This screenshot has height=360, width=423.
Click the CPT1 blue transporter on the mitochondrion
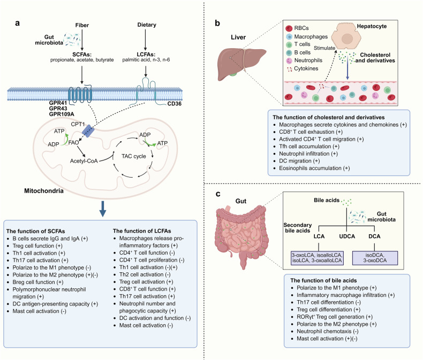point(89,131)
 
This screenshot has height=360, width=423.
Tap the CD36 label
point(174,104)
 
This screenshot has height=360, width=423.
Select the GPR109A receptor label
point(62,114)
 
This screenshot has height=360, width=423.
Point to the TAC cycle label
point(133,156)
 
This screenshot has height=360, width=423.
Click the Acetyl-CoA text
point(84,161)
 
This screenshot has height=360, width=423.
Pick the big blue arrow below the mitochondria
point(102,209)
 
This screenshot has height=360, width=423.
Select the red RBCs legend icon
point(289,28)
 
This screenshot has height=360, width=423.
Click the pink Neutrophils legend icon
point(289,60)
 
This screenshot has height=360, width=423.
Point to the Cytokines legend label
point(306,68)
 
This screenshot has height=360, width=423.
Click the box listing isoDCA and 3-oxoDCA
point(375,258)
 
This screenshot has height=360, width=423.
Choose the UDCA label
point(347,236)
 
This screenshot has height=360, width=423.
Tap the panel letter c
point(218,194)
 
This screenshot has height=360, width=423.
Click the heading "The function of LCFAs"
point(142,231)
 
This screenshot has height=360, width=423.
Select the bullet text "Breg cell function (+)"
point(38,282)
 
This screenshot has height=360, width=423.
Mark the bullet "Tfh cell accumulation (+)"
point(309,147)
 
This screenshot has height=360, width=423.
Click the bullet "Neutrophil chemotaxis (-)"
point(328,331)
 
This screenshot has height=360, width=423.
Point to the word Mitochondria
point(44,191)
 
